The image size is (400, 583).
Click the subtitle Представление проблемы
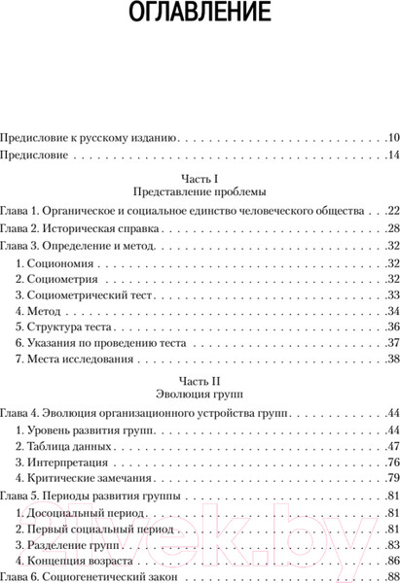[200, 191]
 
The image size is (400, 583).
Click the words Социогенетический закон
[116, 578]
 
